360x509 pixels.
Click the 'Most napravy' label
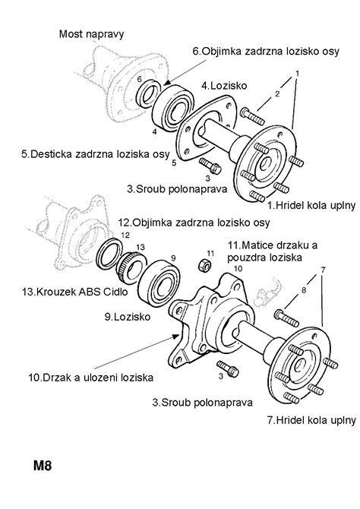click(91, 34)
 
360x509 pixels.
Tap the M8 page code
click(43, 466)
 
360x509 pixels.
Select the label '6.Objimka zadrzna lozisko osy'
click(266, 52)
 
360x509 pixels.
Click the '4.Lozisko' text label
click(224, 86)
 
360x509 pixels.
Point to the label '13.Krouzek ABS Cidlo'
click(75, 292)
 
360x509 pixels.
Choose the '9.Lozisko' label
click(128, 317)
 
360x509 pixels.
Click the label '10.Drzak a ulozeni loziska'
click(90, 378)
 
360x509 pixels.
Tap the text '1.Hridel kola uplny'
click(311, 205)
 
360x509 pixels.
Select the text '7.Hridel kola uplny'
click(311, 420)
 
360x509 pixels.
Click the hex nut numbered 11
click(204, 266)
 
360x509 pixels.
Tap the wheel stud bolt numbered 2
click(253, 117)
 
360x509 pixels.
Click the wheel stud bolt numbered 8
click(286, 318)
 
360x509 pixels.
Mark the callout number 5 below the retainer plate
click(174, 163)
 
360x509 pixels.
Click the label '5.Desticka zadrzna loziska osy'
click(96, 154)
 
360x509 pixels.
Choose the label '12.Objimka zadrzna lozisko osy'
click(194, 223)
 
